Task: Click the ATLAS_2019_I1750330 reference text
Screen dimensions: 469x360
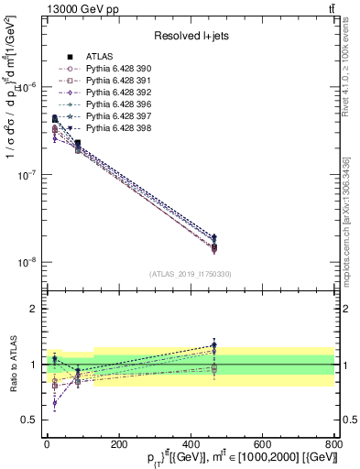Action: (190, 274)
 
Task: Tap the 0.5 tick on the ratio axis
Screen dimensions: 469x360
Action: (31, 420)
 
